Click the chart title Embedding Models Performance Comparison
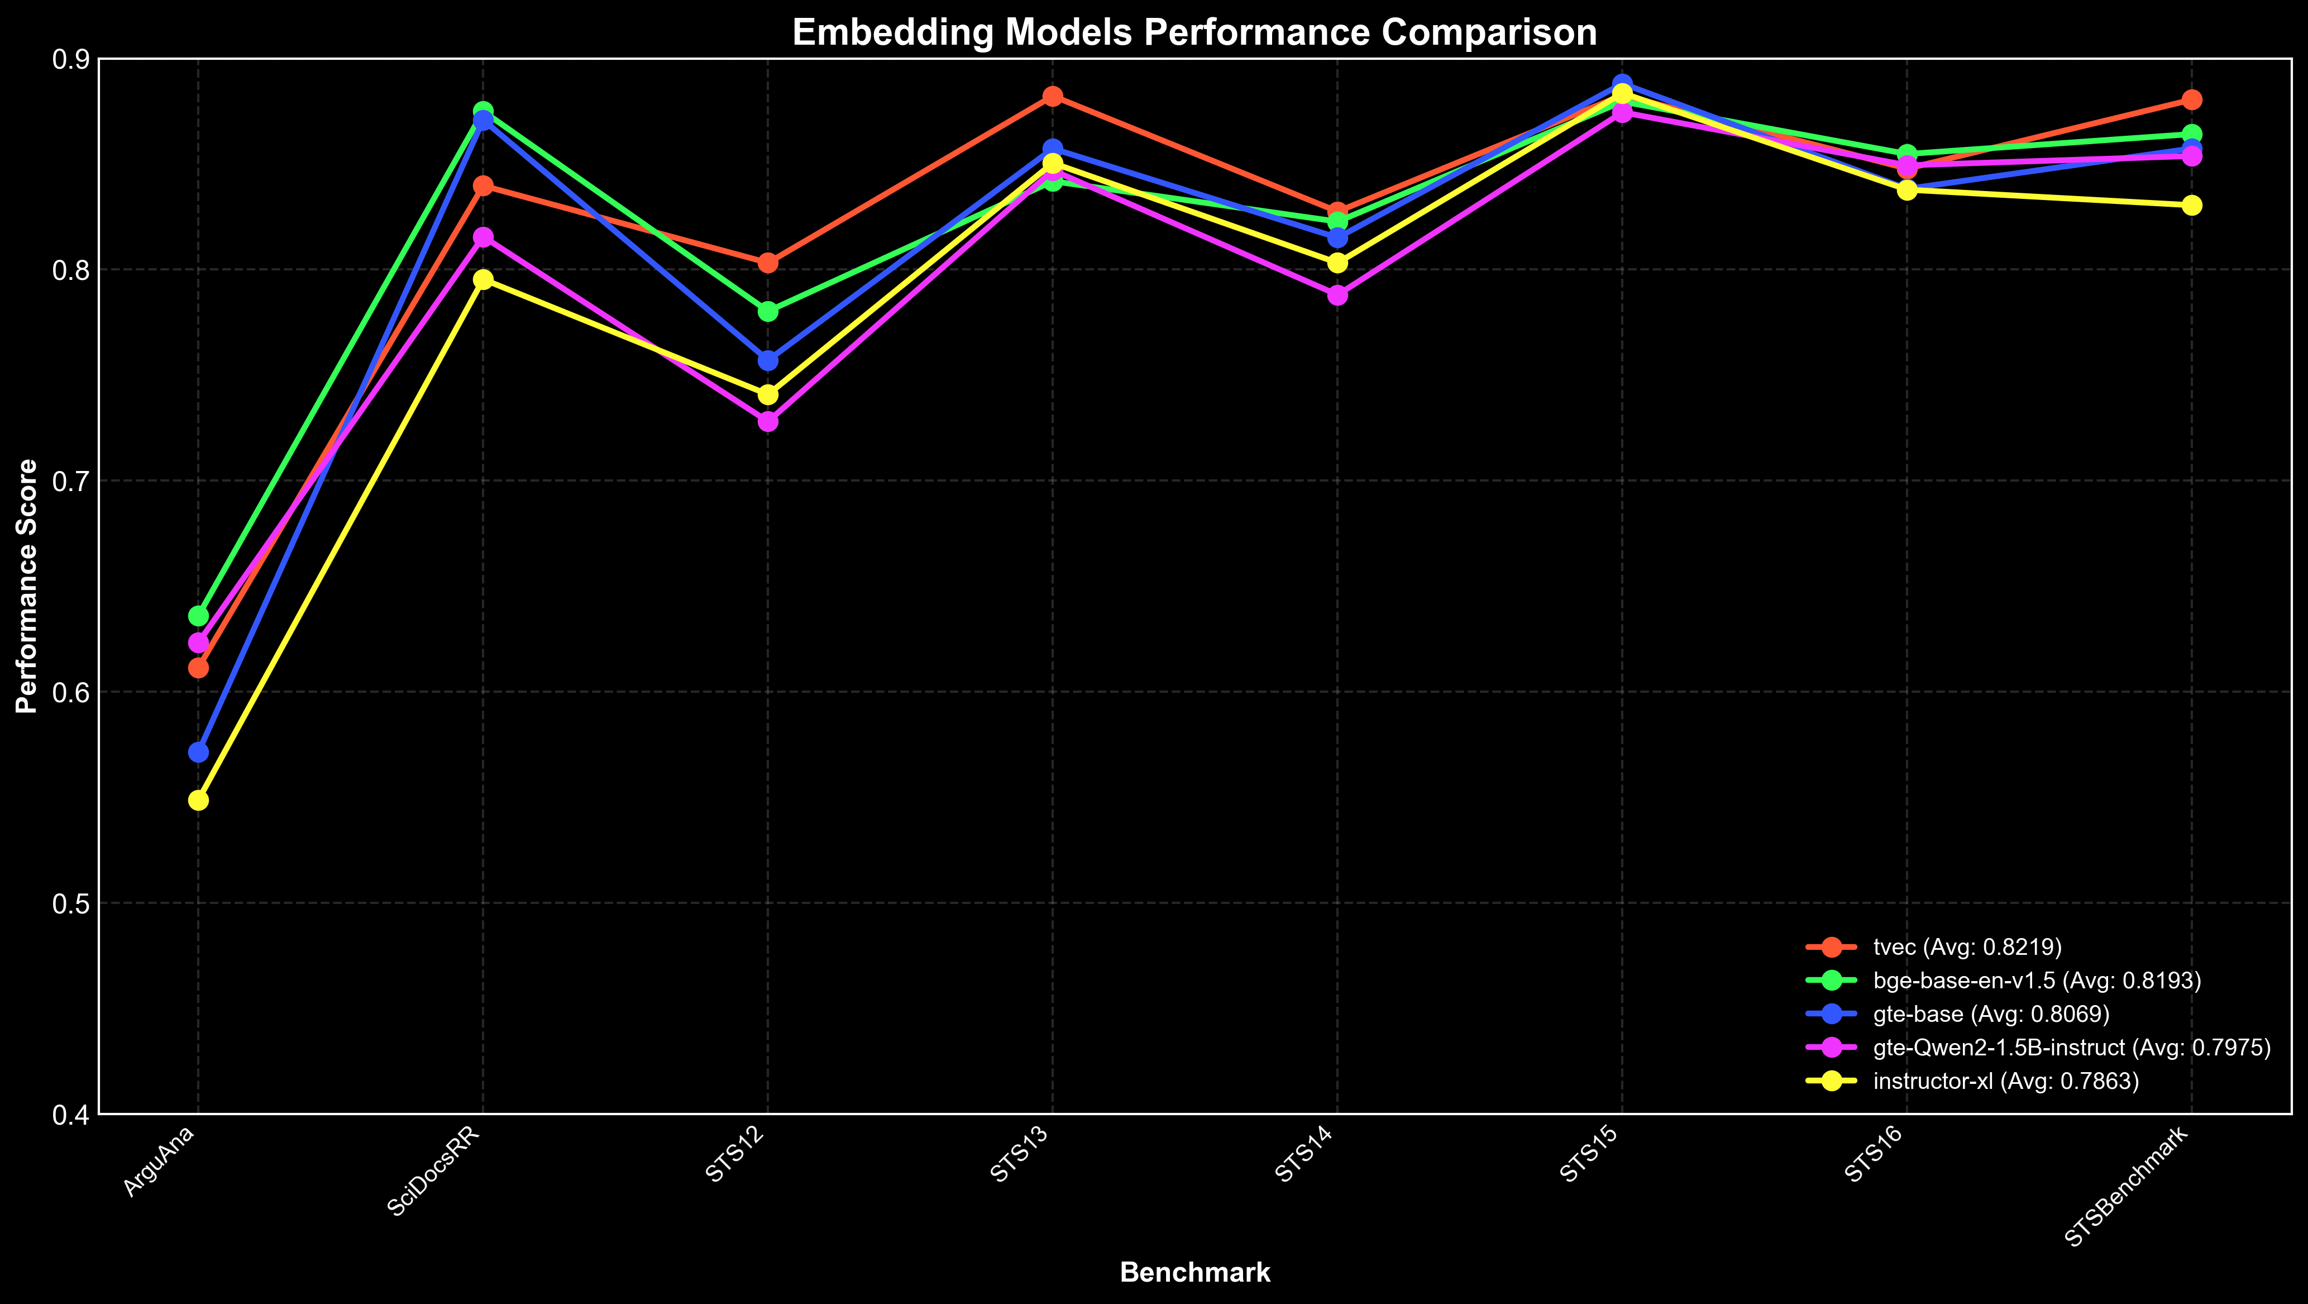(x=1194, y=33)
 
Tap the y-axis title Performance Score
(x=28, y=586)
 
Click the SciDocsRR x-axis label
(x=434, y=1172)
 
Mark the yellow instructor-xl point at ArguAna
(x=198, y=799)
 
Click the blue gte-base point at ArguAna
(x=198, y=752)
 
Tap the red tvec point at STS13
(x=1053, y=96)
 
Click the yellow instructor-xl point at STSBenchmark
(x=2191, y=205)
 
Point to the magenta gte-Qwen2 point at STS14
(x=1337, y=295)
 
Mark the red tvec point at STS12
(x=768, y=263)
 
